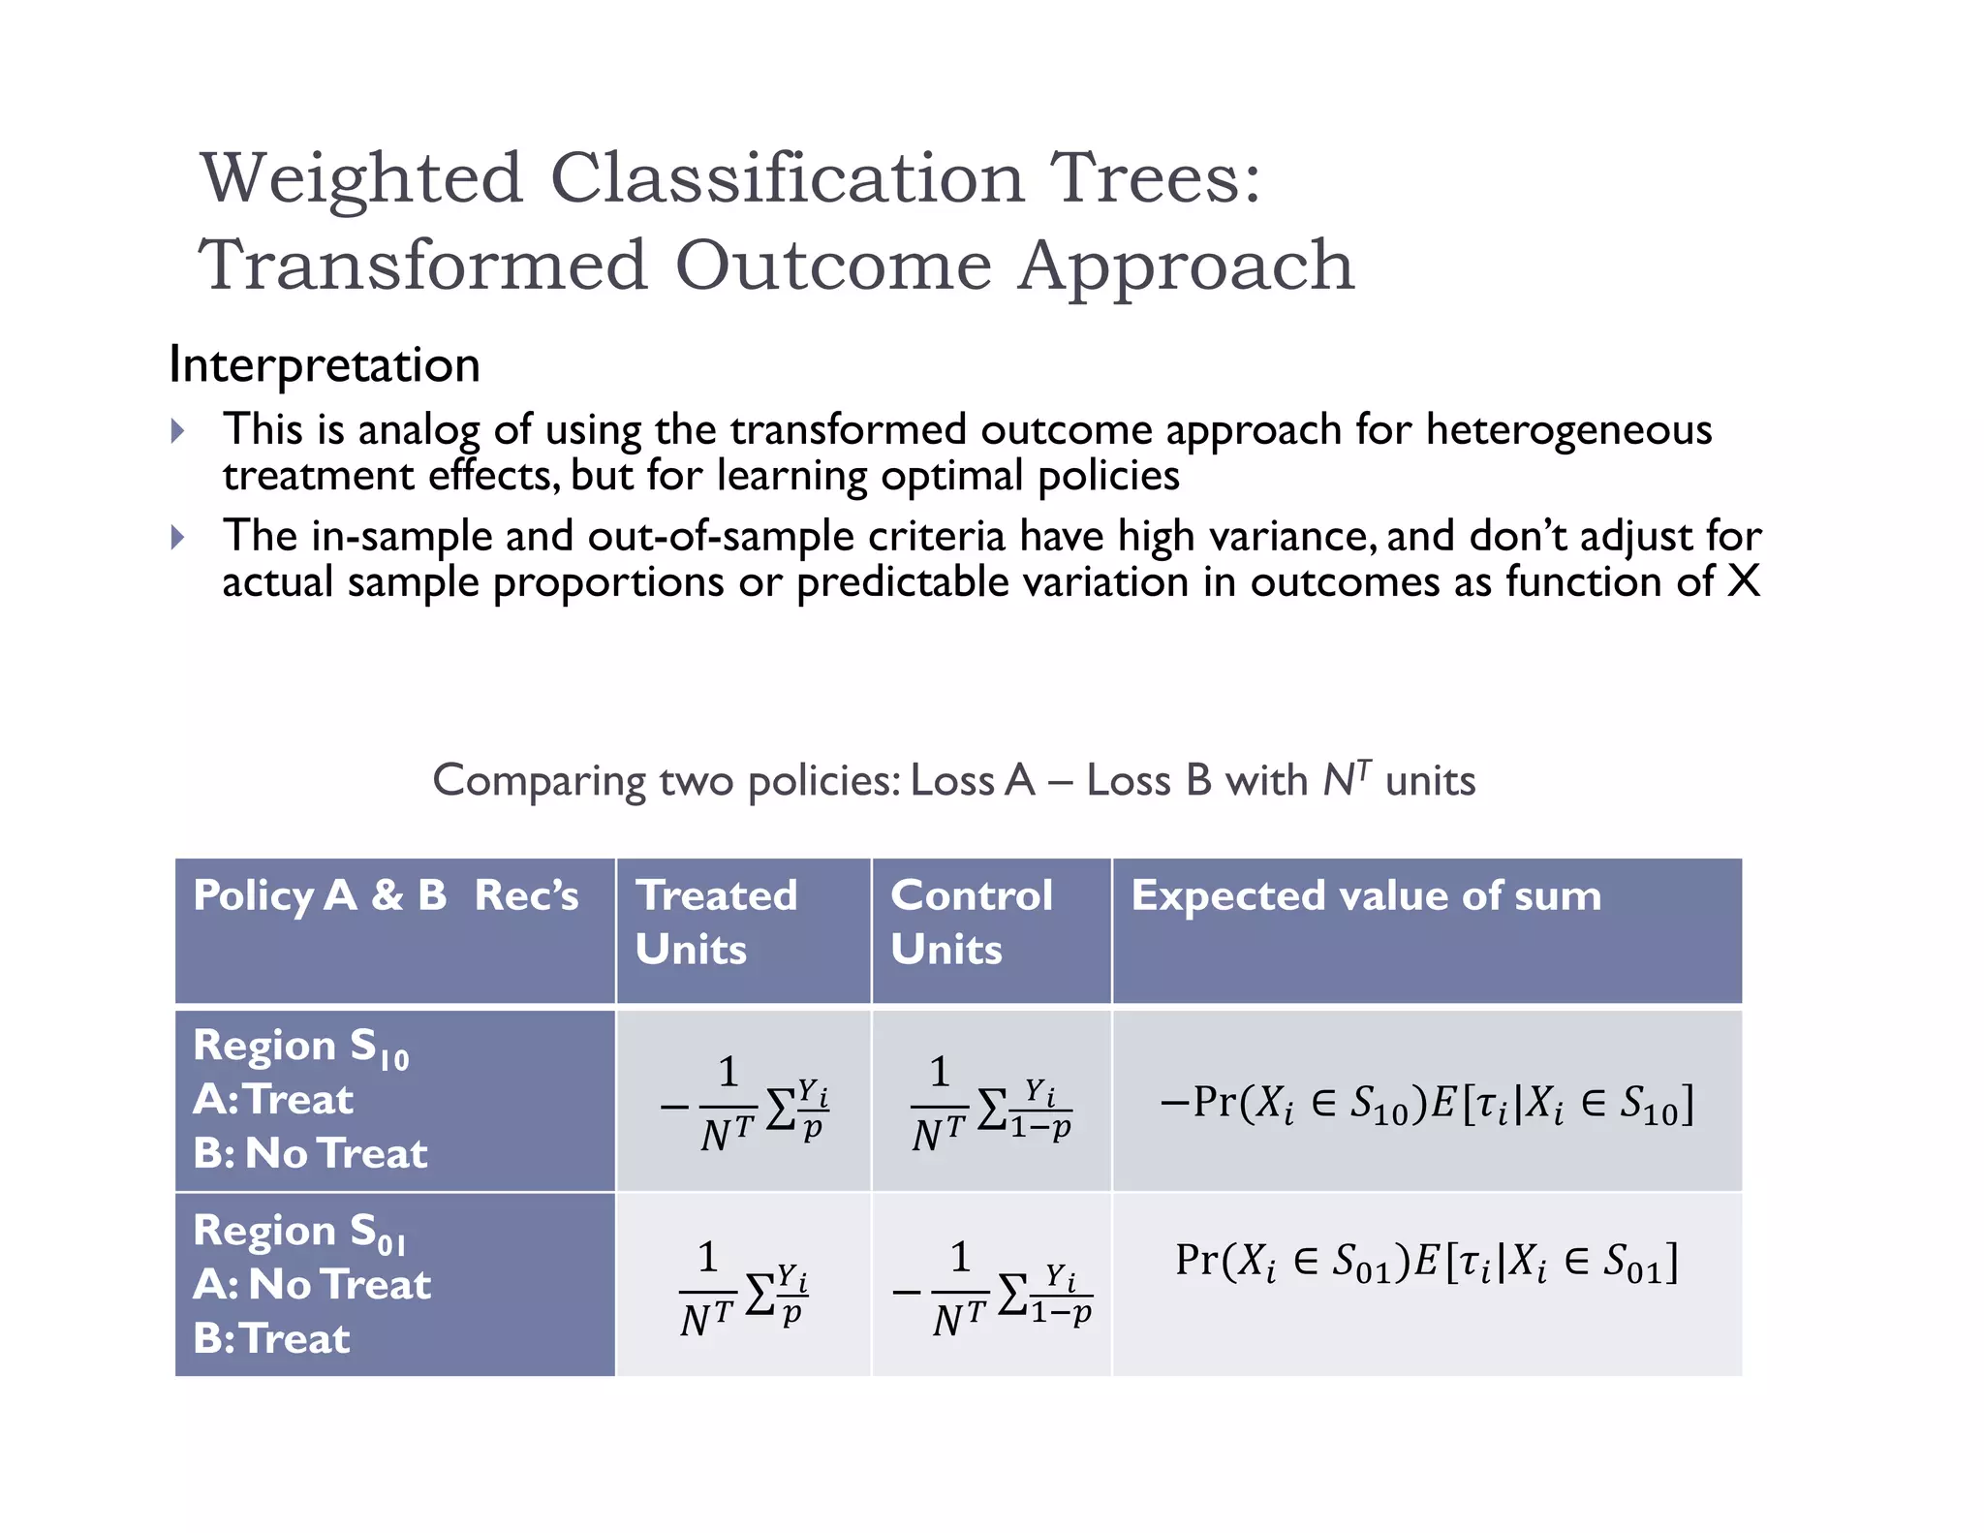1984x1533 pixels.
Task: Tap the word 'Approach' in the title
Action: point(1186,266)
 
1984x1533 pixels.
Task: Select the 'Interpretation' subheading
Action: point(325,365)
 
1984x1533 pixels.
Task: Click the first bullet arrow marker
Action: point(177,430)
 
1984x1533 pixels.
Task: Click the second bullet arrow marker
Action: point(177,537)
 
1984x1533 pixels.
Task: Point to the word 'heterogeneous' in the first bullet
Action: point(1568,429)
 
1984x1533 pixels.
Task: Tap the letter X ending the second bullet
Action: point(1744,581)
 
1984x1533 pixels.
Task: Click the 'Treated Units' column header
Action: point(716,922)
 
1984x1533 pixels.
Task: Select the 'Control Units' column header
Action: point(971,922)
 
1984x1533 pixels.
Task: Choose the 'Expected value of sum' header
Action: point(1366,895)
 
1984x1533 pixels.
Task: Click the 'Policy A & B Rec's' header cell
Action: point(386,895)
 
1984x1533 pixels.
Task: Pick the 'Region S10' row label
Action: point(301,1048)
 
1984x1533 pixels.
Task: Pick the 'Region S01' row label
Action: point(299,1232)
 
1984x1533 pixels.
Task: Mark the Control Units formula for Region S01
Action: point(992,1288)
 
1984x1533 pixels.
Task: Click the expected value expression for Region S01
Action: point(1426,1262)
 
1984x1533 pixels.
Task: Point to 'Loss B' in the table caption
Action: point(1148,780)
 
